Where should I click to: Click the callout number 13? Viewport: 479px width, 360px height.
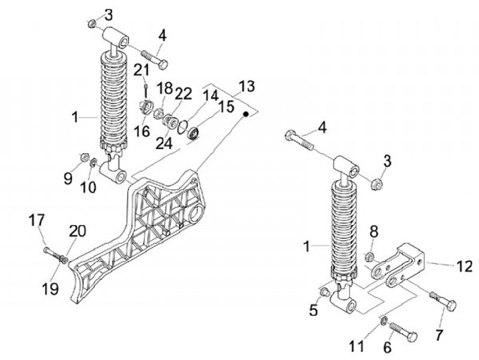point(247,87)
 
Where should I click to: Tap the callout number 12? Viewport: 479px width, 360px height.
point(464,266)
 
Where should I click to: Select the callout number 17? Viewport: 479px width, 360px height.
point(37,221)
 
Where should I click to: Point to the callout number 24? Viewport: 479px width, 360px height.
point(164,143)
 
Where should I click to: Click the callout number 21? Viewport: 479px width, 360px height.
point(141,70)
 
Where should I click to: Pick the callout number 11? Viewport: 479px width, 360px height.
point(357,346)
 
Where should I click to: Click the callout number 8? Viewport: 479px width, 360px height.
point(374,232)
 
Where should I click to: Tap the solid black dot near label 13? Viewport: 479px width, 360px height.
point(245,114)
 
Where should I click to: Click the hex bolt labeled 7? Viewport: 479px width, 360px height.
point(443,301)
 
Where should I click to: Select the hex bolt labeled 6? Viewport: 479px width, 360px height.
point(403,331)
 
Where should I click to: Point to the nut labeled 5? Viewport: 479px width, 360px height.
point(325,291)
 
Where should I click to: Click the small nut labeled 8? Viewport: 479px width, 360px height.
point(369,257)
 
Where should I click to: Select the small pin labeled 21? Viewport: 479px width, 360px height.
point(146,90)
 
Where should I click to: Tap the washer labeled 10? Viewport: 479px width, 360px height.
point(94,162)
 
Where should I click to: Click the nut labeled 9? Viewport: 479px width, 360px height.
point(83,157)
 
